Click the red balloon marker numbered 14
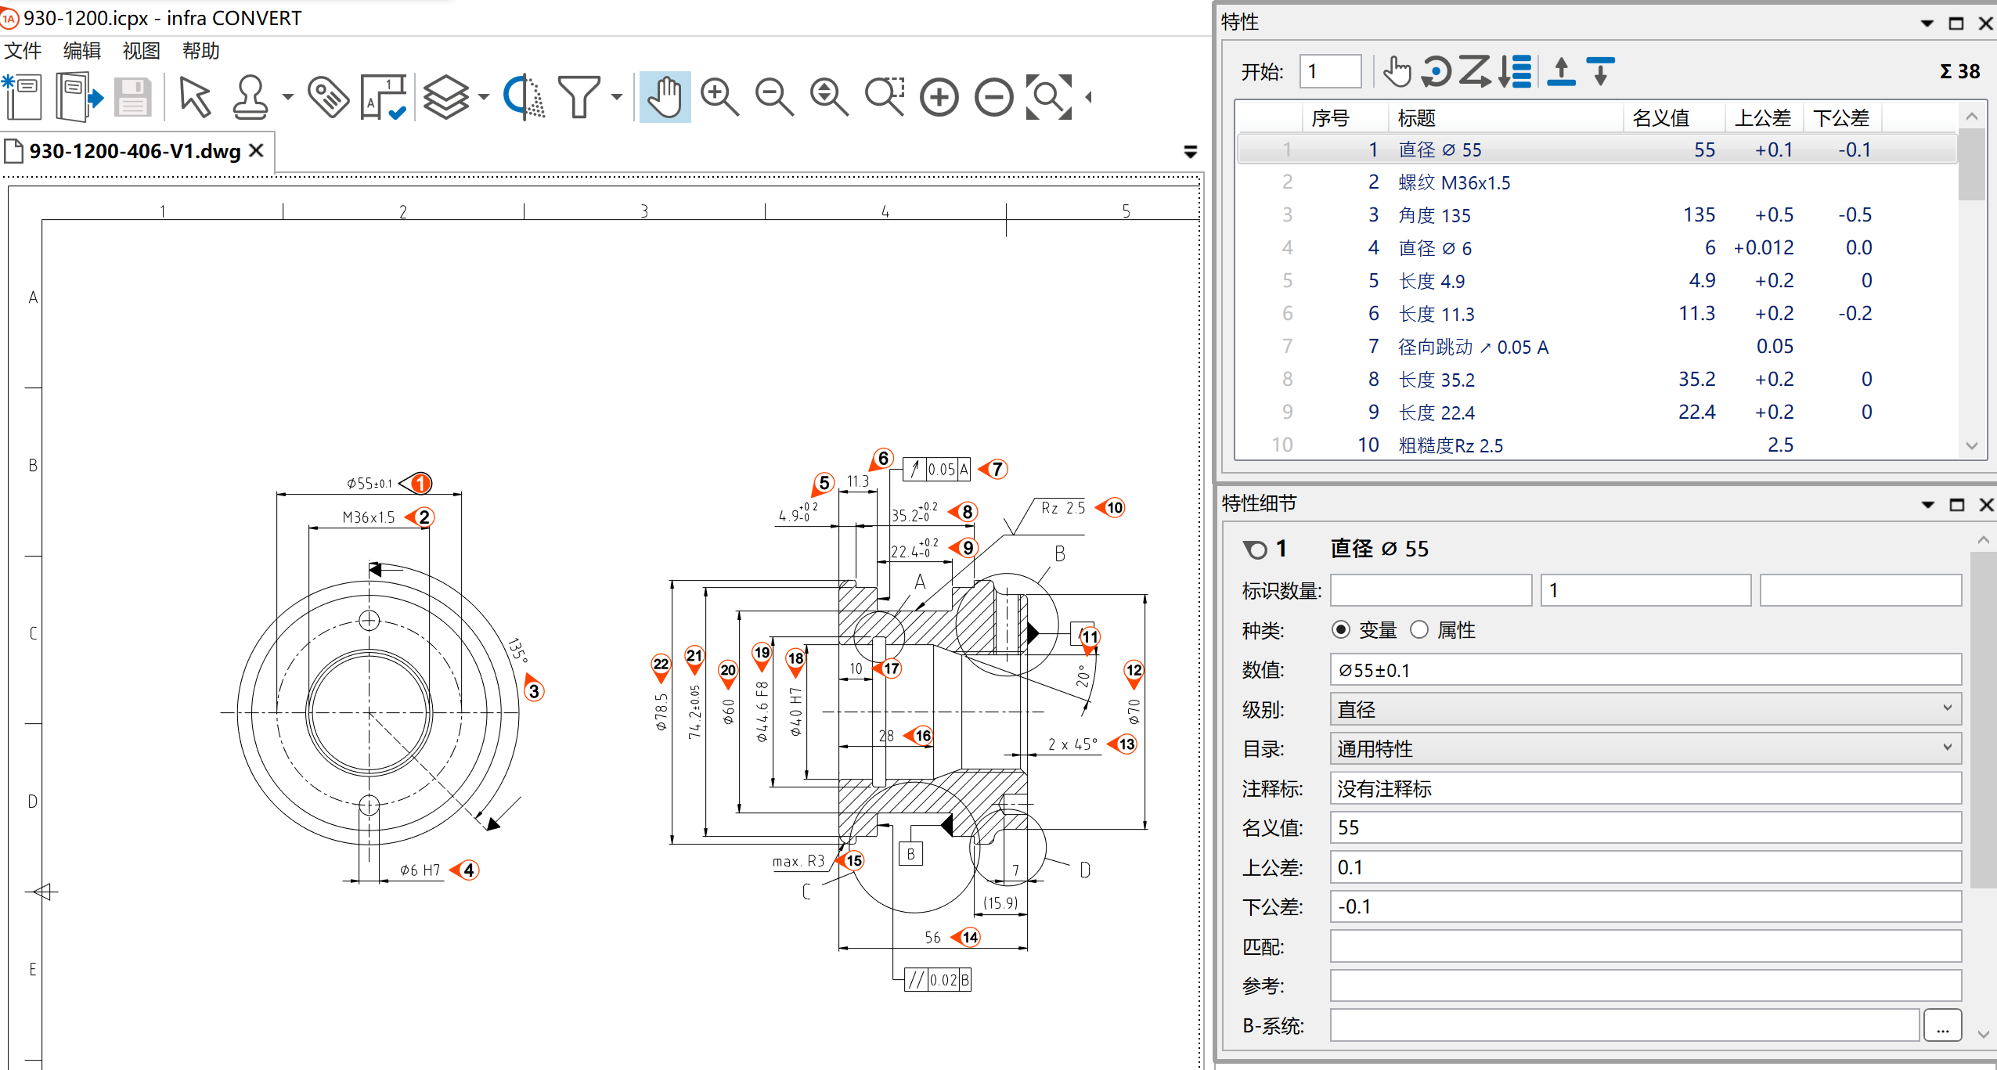(x=971, y=937)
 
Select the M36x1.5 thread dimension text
(x=369, y=517)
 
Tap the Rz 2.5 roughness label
(x=1062, y=508)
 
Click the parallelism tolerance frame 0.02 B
(x=938, y=980)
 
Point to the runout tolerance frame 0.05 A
(x=936, y=469)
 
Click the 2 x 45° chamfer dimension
(x=1072, y=744)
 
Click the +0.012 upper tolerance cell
(x=1763, y=248)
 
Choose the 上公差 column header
(x=1762, y=118)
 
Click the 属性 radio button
(x=1419, y=630)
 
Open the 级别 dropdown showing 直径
(x=1644, y=709)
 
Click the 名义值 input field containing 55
(x=1644, y=828)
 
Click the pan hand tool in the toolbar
(x=665, y=97)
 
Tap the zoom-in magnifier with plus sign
(x=719, y=97)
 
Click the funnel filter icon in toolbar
(x=579, y=97)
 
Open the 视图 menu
(x=141, y=51)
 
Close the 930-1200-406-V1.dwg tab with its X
(x=256, y=150)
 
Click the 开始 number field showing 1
(x=1329, y=72)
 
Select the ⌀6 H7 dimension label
(x=420, y=870)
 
